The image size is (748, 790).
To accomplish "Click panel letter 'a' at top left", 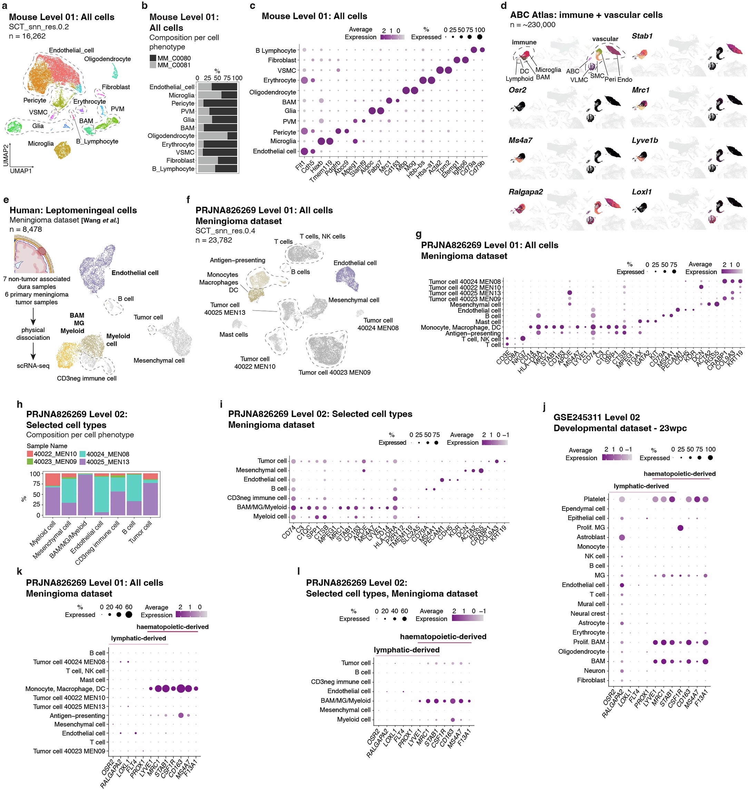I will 4,6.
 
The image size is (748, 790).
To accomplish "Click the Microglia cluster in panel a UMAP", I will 62,150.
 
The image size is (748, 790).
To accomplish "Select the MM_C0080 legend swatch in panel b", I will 153,58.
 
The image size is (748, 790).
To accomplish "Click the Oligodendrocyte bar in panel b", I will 217,136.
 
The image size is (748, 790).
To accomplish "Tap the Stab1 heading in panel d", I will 642,36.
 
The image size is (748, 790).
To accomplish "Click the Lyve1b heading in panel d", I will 645,141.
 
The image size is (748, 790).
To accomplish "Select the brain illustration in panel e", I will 34,254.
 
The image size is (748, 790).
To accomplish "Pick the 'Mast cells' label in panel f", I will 233,334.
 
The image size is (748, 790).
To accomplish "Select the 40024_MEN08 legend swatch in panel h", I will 82,454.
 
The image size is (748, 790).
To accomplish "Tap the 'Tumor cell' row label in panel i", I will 272,461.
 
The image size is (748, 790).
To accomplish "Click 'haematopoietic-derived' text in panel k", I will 172,627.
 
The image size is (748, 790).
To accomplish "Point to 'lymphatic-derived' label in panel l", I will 406,650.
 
